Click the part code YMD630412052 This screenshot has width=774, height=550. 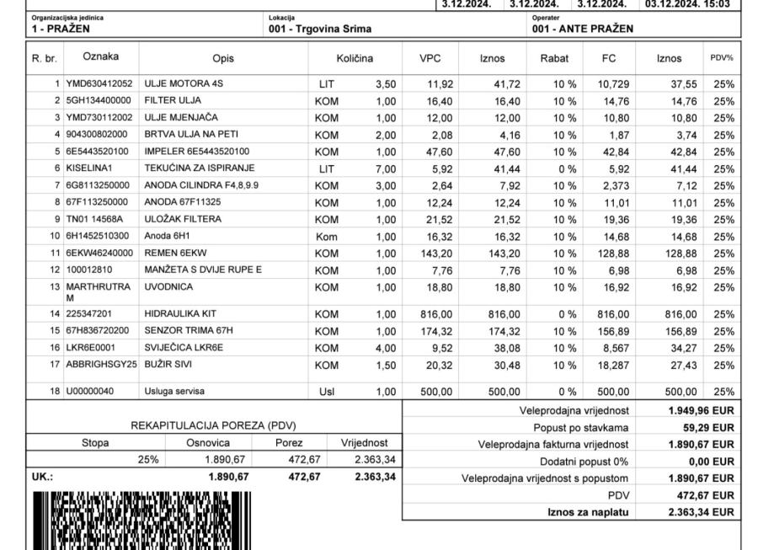point(99,84)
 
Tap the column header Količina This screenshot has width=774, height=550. point(355,59)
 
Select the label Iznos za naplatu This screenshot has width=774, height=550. point(588,511)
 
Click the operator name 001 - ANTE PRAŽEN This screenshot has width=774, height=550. point(583,29)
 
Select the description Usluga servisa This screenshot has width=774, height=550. point(174,392)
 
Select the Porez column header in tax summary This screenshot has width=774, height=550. point(289,442)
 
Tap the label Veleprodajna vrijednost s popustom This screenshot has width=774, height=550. point(545,478)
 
